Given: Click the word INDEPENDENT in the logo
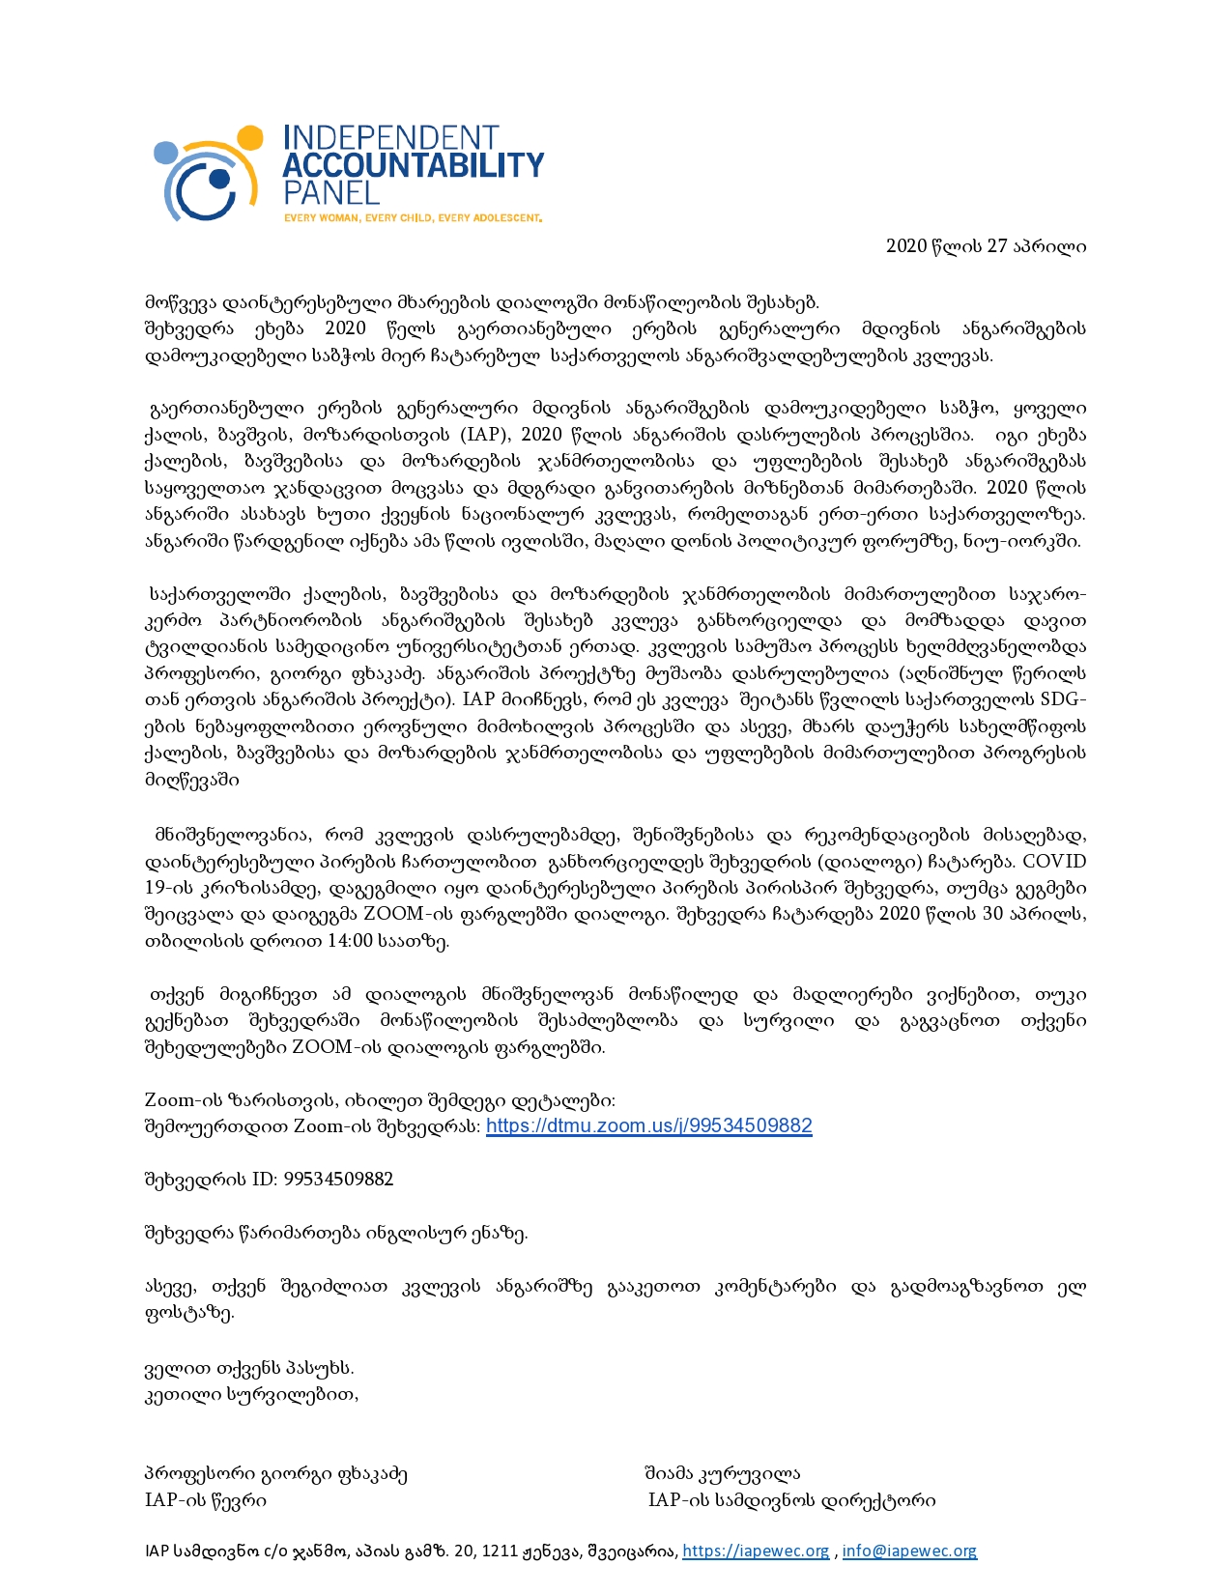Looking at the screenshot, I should click(x=390, y=138).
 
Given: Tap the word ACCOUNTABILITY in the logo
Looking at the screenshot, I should click(x=413, y=165).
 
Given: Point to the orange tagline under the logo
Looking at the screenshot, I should click(x=413, y=218).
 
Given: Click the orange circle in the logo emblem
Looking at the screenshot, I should click(x=249, y=137).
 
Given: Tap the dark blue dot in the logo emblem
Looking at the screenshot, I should click(x=219, y=179).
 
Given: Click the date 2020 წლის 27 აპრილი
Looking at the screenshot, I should click(x=986, y=246).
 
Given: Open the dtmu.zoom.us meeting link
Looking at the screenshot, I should click(x=648, y=1125).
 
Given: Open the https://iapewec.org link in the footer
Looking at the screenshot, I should click(x=756, y=1551).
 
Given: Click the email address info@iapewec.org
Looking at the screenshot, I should click(x=909, y=1551).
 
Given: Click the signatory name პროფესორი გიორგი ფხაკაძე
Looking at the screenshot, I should click(x=276, y=1474).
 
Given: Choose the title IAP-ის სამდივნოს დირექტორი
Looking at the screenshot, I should click(x=791, y=1500).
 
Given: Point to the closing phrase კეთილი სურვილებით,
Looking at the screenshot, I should click(x=251, y=1394).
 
